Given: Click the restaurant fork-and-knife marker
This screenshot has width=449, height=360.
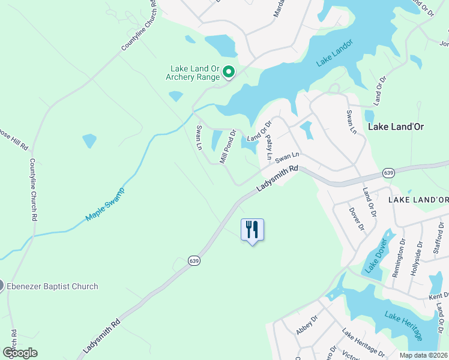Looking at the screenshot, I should (252, 230).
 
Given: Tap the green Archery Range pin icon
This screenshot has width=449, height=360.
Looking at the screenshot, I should (229, 73).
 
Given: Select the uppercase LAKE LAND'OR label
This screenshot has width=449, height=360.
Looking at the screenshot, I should (418, 199).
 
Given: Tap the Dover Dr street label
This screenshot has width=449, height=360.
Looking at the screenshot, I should (357, 218).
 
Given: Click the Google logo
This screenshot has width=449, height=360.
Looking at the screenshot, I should (20, 352).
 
